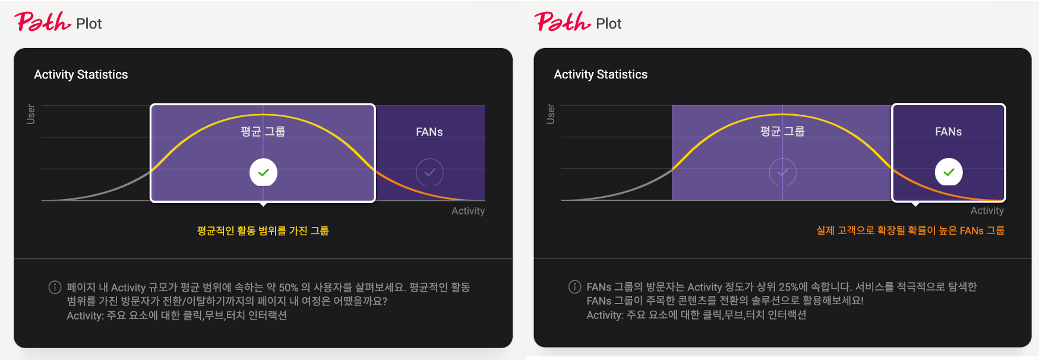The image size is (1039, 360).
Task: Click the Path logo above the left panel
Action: coord(43,22)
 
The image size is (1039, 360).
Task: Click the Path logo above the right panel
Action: coord(563,22)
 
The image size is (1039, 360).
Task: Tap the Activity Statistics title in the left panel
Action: coord(81,75)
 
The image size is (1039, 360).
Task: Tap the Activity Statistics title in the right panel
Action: coord(601,74)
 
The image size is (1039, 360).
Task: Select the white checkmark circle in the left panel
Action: coord(263,172)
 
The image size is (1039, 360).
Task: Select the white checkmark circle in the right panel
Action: coord(949,172)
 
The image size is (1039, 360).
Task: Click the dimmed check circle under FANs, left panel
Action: coord(430,172)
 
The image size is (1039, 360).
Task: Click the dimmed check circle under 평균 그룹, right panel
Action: coord(783,172)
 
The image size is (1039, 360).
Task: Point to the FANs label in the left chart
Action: coord(430,132)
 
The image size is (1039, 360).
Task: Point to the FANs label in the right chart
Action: coord(949,131)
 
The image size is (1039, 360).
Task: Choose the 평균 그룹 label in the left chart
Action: coord(263,131)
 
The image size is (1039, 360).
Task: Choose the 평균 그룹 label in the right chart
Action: coord(782,131)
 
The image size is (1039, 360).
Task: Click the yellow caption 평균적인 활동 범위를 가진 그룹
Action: coord(263,230)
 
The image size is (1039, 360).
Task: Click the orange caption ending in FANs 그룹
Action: coord(911,230)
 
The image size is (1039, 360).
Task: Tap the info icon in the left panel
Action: coord(55,288)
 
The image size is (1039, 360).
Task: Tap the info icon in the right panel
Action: coord(574,287)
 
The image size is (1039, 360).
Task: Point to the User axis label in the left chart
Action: coord(31,114)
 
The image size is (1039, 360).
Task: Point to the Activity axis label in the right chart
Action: coord(987,210)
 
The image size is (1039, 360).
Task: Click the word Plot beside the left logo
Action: coord(89,24)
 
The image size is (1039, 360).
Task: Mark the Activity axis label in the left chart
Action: coord(468,211)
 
